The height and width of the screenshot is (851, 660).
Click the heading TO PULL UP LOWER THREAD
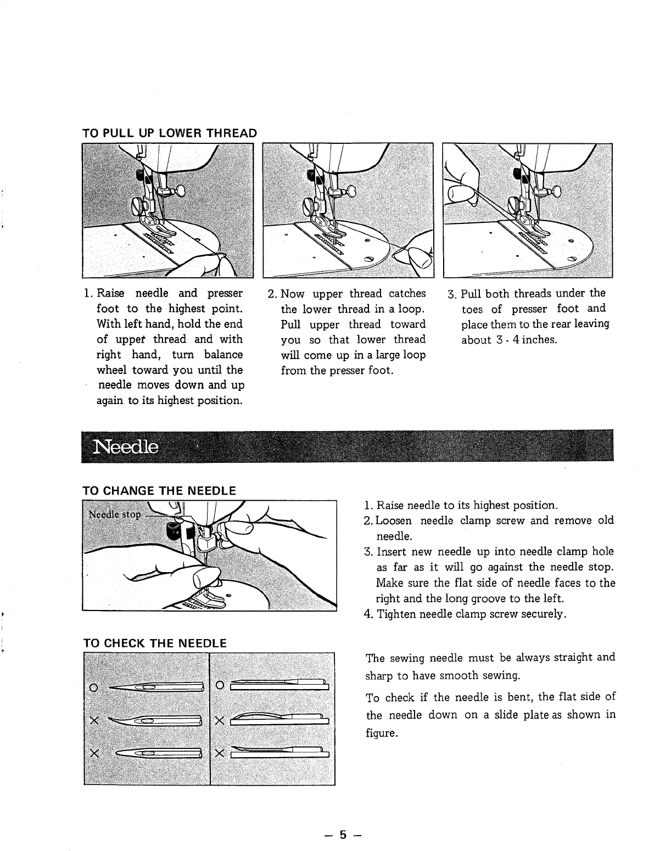point(169,133)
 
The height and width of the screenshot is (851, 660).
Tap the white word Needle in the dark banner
point(127,447)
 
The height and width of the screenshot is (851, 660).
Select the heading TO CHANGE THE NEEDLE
point(159,490)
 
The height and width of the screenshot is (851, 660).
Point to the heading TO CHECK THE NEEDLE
point(154,643)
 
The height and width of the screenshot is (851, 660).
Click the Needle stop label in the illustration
point(115,515)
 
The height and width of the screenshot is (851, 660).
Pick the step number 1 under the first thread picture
point(87,294)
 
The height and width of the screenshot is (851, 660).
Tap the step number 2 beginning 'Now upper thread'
point(271,294)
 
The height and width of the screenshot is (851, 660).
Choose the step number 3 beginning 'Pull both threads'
point(451,294)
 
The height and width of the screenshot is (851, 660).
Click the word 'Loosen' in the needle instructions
point(395,520)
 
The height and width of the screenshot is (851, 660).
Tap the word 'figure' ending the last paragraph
point(381,734)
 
